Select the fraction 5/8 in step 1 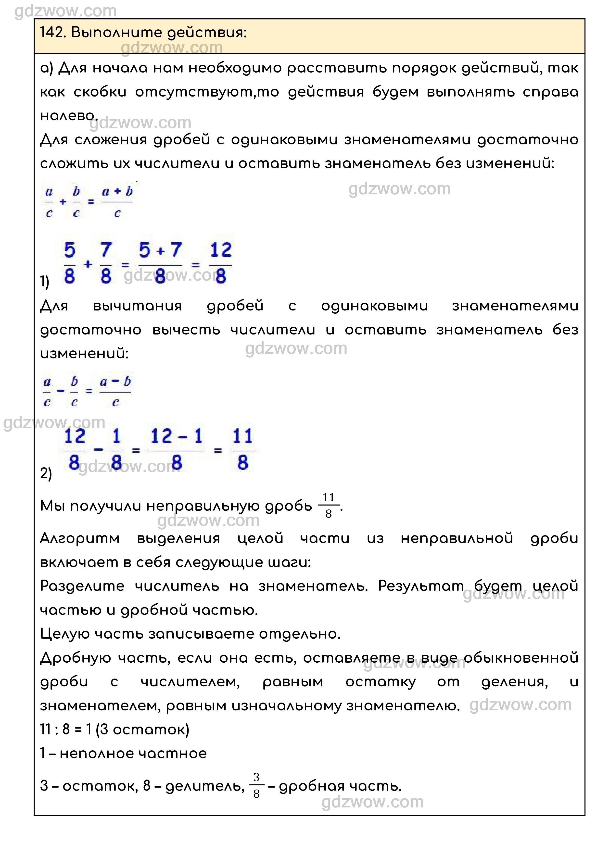(x=69, y=263)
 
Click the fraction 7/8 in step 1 (x=106, y=263)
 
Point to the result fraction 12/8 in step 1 (x=221, y=263)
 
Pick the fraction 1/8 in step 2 (x=116, y=449)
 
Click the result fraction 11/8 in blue (x=242, y=449)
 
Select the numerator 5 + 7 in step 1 (x=160, y=250)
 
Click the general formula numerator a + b (x=117, y=192)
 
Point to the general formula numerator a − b (x=115, y=381)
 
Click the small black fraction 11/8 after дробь (x=329, y=505)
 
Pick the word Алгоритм (x=80, y=538)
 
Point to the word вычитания (x=137, y=306)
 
